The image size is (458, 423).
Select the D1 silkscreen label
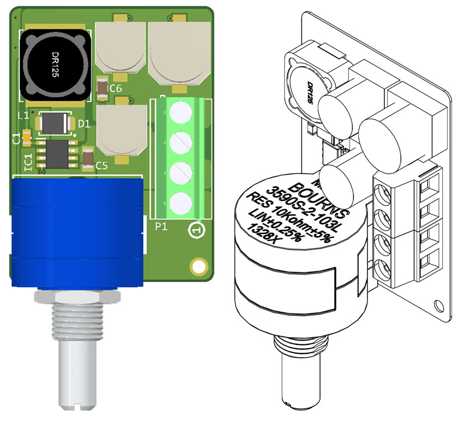(83, 124)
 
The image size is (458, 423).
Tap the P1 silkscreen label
(160, 227)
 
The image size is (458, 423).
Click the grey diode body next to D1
(55, 124)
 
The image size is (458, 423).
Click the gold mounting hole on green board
(197, 266)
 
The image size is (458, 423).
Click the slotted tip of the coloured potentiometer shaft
(74, 404)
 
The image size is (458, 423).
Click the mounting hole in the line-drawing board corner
(437, 305)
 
